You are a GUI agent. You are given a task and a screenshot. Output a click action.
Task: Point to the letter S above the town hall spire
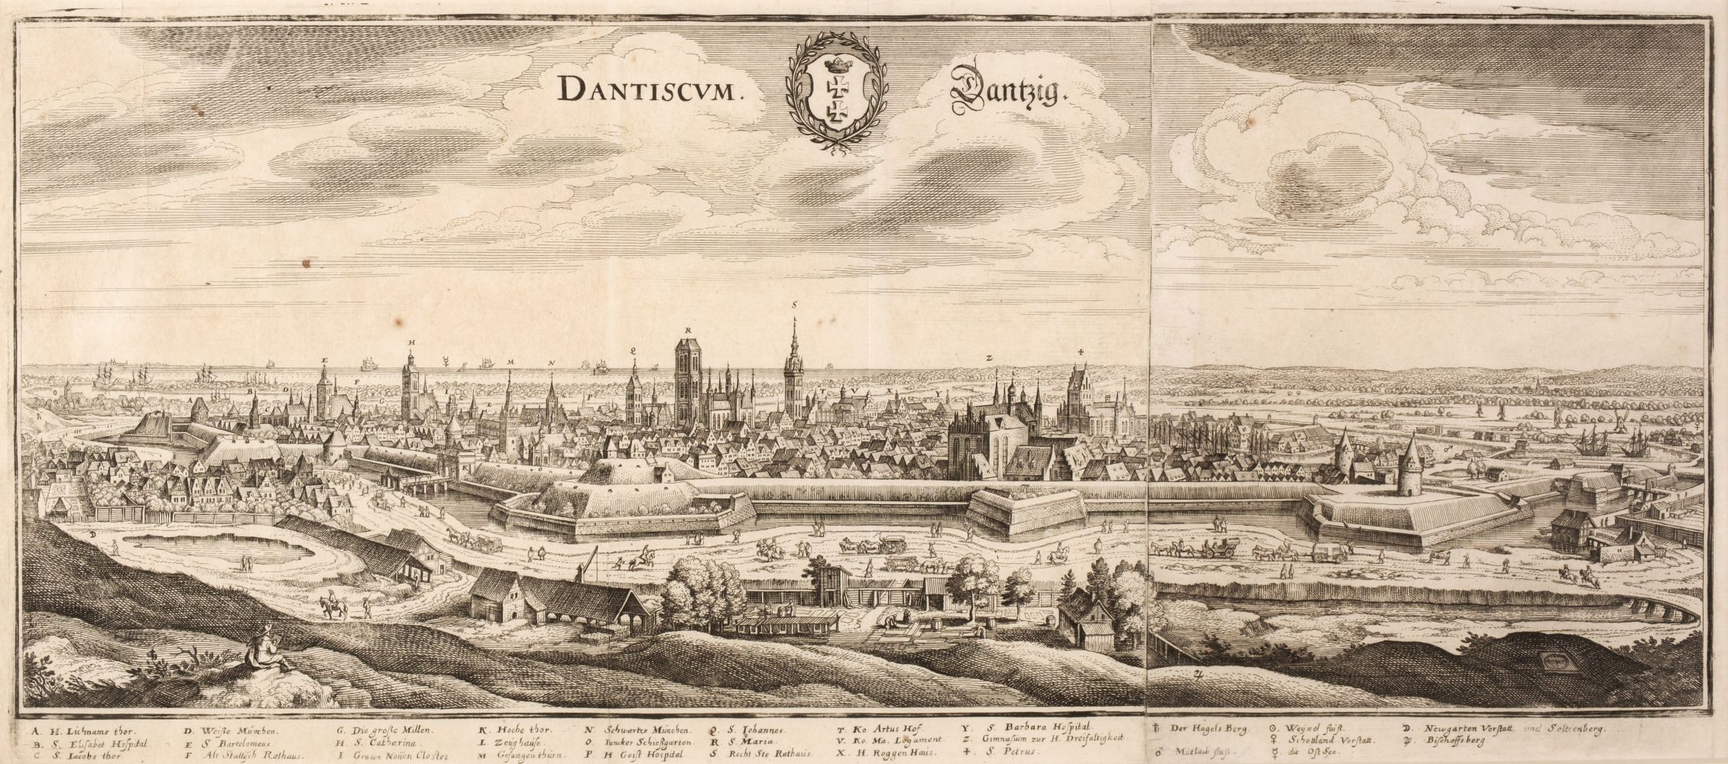click(x=795, y=304)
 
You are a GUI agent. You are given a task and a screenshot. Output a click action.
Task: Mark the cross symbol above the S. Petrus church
click(x=1081, y=352)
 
